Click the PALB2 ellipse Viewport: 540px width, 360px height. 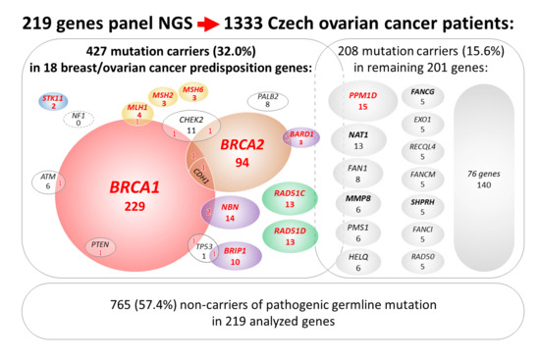coord(267,101)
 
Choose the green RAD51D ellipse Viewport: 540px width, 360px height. coord(290,235)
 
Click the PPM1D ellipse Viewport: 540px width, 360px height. coord(362,101)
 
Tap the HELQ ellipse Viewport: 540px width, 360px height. coord(362,261)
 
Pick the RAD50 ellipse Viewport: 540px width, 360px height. coord(423,261)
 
